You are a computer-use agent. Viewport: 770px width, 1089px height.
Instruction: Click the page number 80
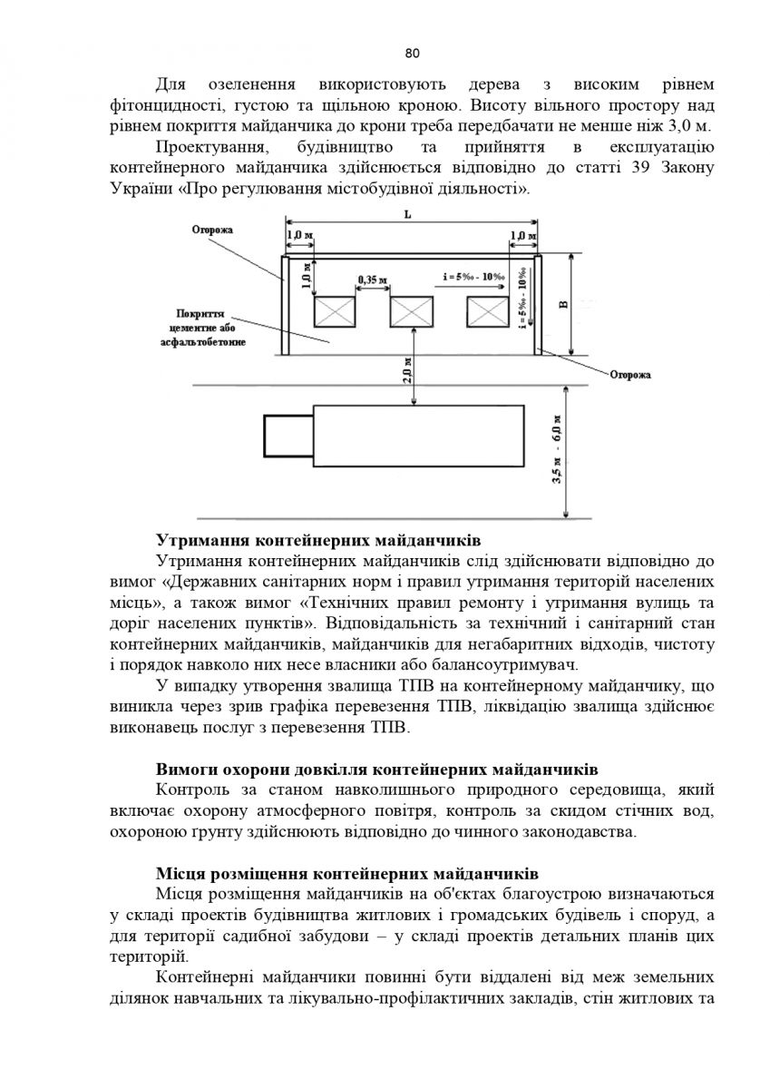tap(412, 53)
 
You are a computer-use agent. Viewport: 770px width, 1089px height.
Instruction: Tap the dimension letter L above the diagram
tap(407, 215)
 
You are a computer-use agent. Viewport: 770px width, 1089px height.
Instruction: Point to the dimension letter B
tap(563, 305)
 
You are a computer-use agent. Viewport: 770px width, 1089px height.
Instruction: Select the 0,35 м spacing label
tap(372, 280)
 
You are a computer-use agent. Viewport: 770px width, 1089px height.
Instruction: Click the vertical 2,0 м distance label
tap(407, 370)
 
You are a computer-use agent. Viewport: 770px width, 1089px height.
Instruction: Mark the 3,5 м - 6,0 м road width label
tap(557, 449)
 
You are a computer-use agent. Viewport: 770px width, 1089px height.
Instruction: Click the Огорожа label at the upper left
tap(212, 230)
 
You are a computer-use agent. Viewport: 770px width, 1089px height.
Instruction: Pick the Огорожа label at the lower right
tap(630, 375)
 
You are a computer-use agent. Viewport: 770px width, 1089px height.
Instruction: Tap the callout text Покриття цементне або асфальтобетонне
tap(203, 329)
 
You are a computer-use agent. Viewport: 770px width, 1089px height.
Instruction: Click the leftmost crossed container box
tap(335, 311)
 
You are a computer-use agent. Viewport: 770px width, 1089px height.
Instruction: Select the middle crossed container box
tap(412, 311)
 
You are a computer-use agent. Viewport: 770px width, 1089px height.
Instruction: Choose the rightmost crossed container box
tap(488, 311)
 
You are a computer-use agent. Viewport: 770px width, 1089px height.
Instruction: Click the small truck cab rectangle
tap(288, 436)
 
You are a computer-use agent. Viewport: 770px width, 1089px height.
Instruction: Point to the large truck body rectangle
tap(419, 436)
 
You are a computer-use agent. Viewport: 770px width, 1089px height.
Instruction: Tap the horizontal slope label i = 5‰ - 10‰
tap(474, 277)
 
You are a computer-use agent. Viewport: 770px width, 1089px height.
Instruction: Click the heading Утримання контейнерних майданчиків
tap(318, 540)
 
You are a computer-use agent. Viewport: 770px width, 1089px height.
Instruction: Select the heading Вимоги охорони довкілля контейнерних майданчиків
tap(377, 770)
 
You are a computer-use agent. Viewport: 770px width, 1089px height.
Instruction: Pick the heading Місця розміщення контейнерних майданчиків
tap(347, 874)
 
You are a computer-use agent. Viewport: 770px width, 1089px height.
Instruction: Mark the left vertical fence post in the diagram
tap(285, 305)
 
